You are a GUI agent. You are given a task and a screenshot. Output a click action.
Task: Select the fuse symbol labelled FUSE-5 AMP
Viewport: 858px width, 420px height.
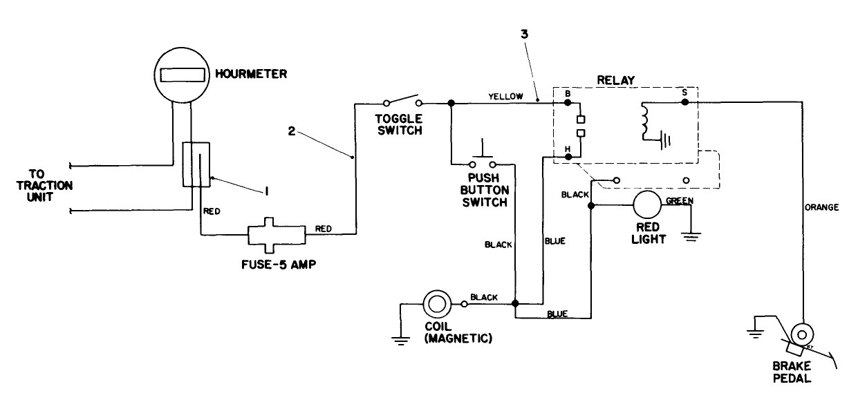(x=277, y=236)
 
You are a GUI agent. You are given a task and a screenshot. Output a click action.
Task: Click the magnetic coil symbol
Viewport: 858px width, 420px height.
(x=436, y=303)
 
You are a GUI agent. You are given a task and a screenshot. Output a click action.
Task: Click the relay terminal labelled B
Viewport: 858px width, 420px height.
(x=568, y=102)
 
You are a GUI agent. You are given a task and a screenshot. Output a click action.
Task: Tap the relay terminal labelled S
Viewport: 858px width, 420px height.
(x=685, y=102)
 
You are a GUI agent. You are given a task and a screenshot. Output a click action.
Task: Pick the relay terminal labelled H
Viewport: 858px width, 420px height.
(x=568, y=157)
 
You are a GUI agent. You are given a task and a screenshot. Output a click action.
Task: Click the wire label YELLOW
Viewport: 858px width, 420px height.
(x=506, y=96)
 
